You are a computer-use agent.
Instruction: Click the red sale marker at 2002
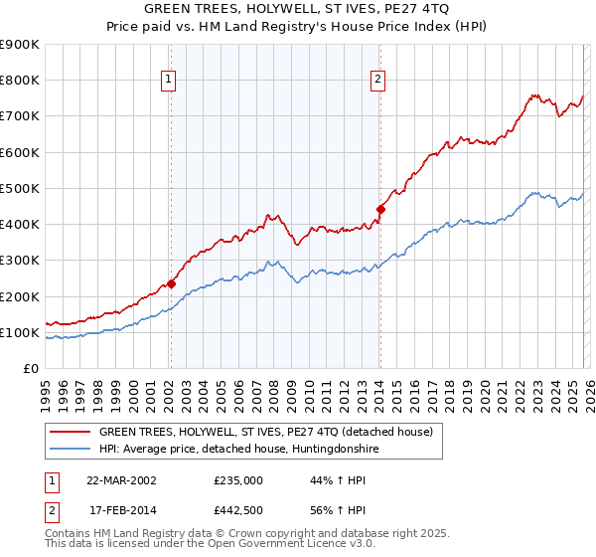point(171,283)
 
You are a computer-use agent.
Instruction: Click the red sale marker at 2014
point(380,209)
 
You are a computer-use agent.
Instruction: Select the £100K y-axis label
point(20,332)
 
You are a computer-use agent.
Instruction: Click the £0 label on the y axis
point(30,368)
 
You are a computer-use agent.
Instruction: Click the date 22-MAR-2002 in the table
point(121,479)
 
